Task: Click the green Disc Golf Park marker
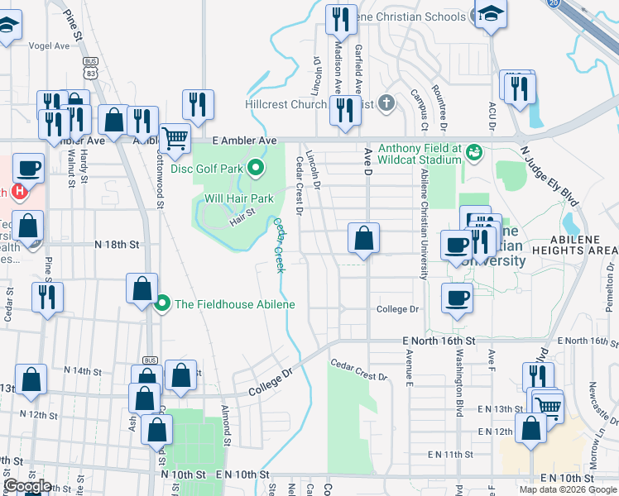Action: click(x=256, y=169)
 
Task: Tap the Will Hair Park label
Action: click(x=239, y=198)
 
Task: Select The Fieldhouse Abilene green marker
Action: click(x=163, y=304)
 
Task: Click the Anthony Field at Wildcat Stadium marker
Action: click(x=474, y=153)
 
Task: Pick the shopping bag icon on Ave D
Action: click(x=363, y=240)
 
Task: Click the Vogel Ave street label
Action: click(x=49, y=46)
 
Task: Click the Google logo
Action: click(x=28, y=486)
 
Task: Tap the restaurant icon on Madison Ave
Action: click(x=341, y=17)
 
